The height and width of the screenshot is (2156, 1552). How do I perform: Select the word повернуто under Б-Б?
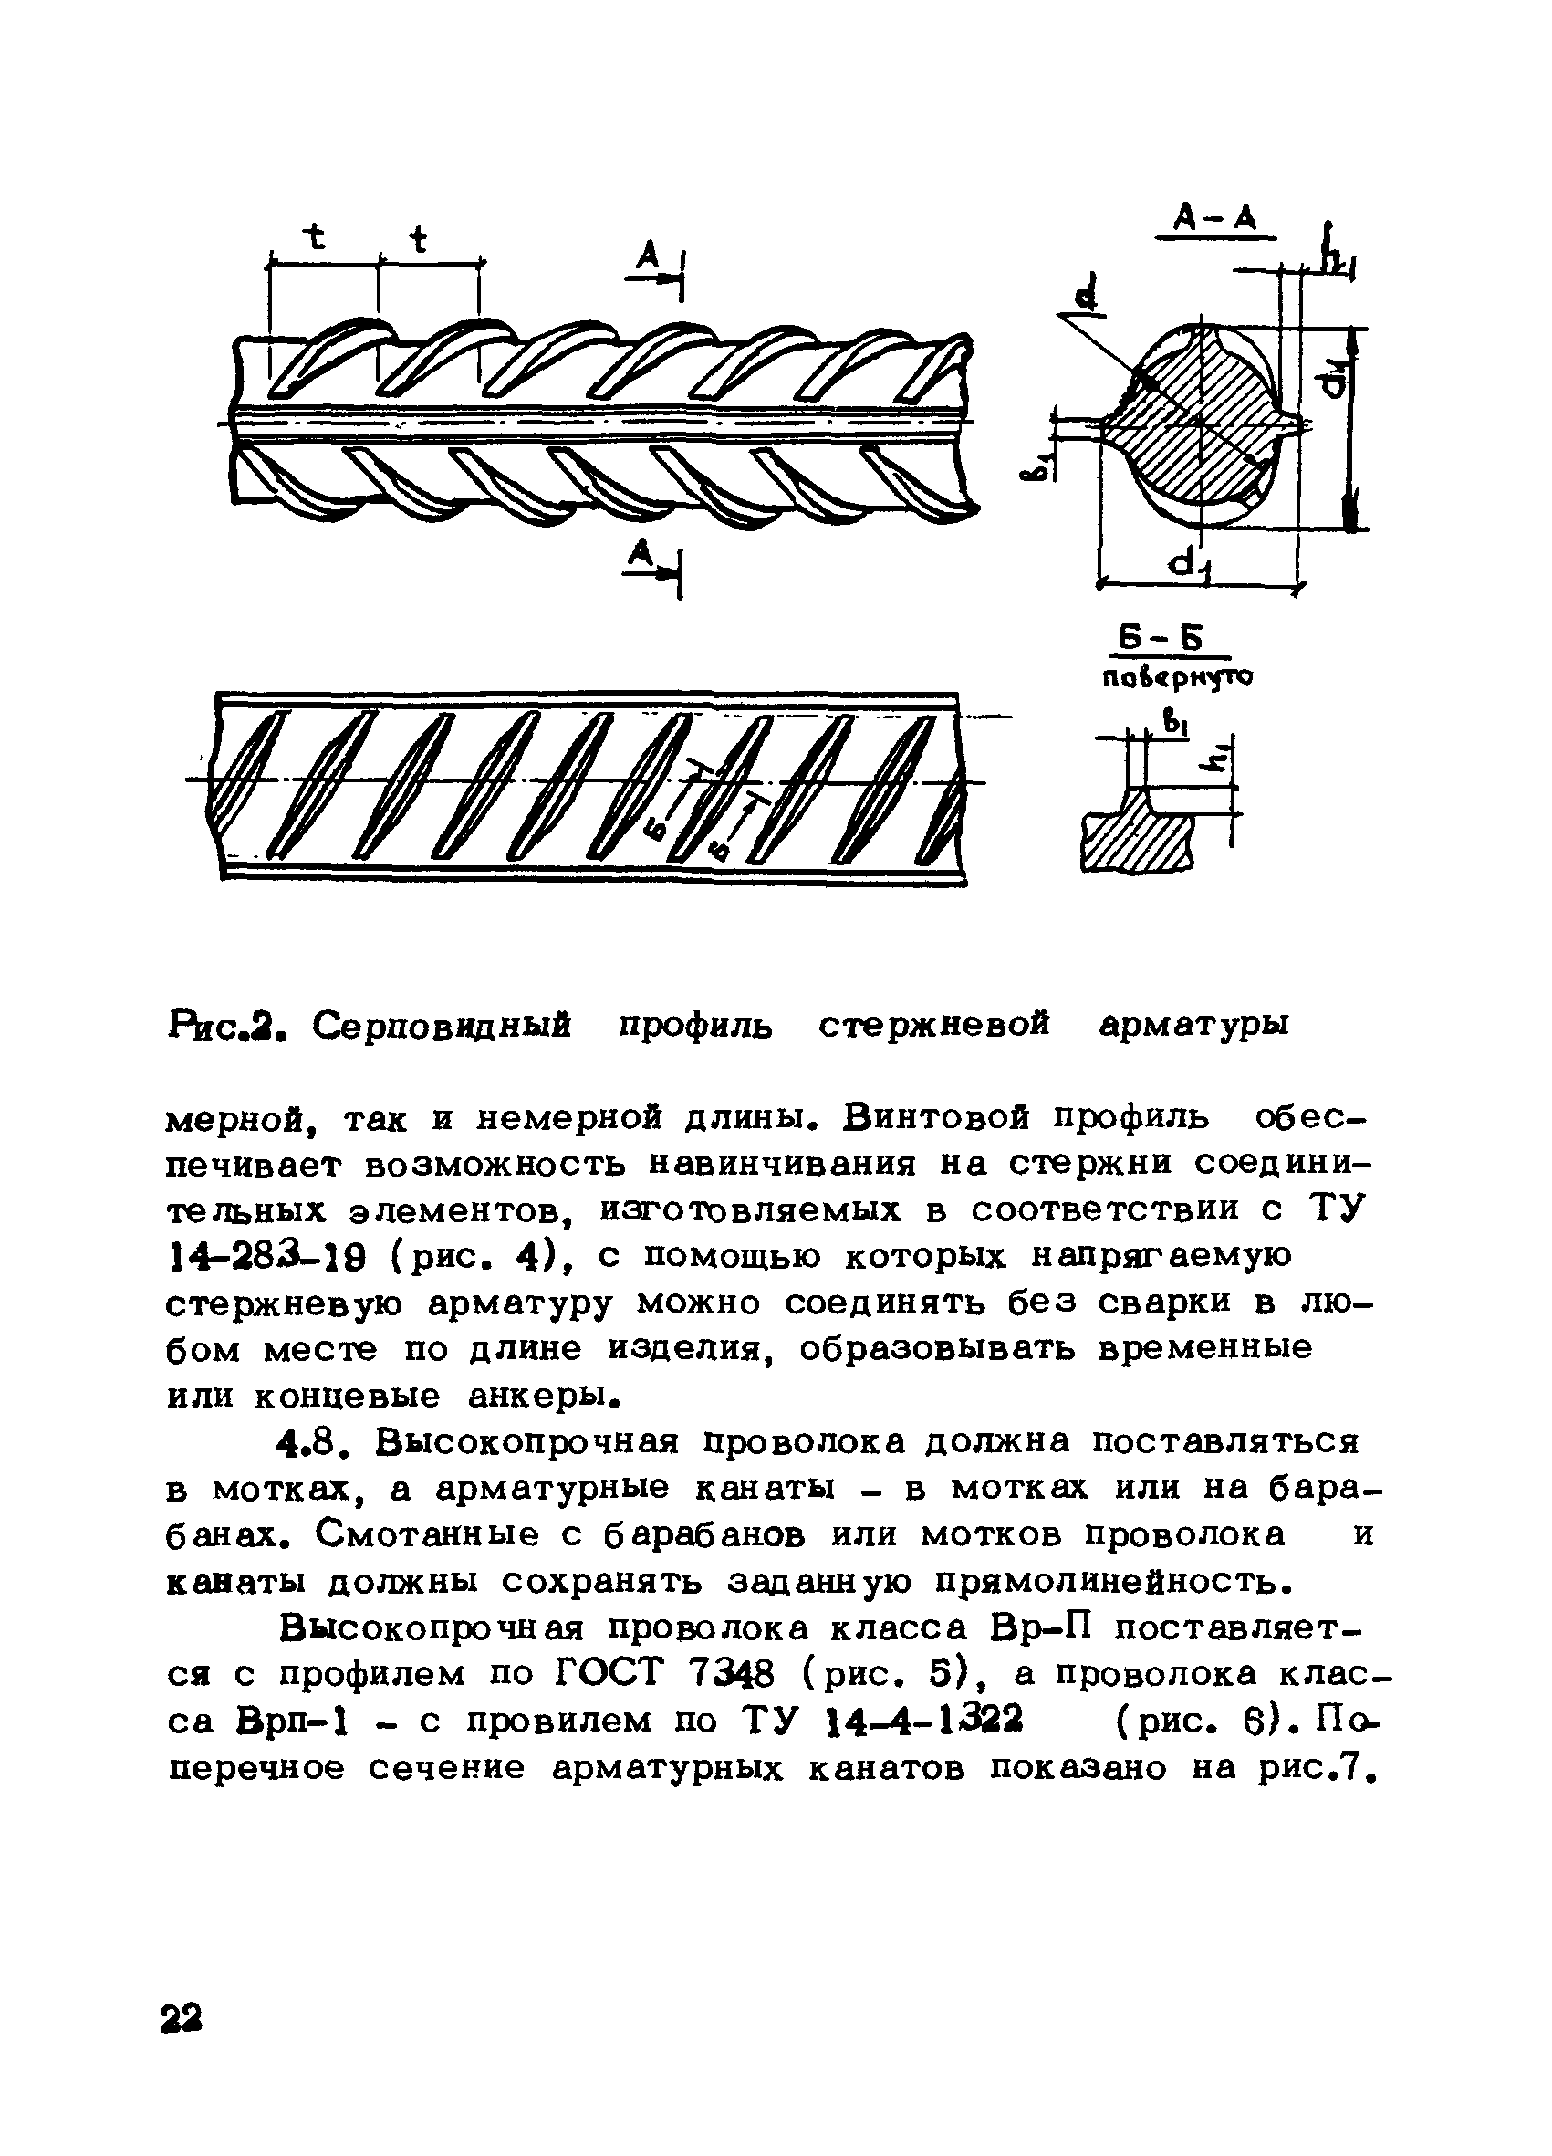(x=1177, y=677)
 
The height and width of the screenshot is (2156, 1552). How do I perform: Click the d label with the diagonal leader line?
(x=1086, y=295)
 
